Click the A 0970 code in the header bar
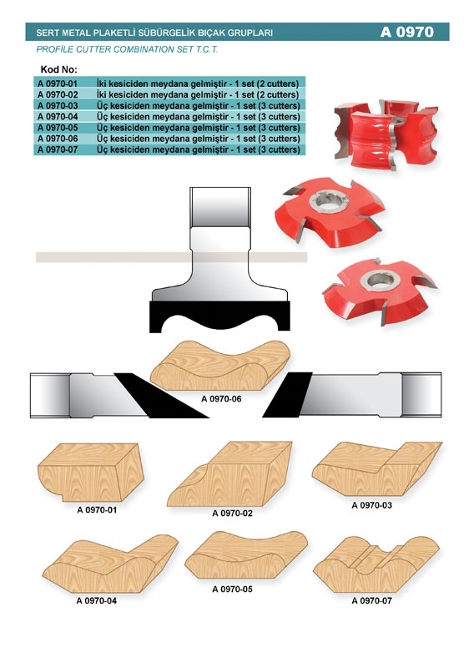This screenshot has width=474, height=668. (x=406, y=32)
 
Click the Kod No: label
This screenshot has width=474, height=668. (x=59, y=69)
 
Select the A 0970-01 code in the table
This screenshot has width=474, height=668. (x=58, y=83)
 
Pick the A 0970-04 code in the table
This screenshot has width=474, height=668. (x=58, y=117)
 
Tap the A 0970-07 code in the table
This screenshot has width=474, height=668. (x=58, y=150)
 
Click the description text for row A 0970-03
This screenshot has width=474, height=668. (x=199, y=106)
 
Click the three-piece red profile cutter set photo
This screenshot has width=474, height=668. (x=386, y=134)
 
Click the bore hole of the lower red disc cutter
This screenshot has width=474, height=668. (x=381, y=280)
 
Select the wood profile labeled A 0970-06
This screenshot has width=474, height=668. (x=220, y=365)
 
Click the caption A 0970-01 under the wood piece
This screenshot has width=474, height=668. (x=97, y=510)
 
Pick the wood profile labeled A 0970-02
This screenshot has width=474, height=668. (x=230, y=473)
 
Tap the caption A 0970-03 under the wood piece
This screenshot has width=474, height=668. (x=372, y=505)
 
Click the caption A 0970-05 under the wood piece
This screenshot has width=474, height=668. (x=232, y=590)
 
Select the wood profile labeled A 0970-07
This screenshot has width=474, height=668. (x=376, y=564)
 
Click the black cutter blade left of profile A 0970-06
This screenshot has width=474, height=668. (x=161, y=396)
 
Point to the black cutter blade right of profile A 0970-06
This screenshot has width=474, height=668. (x=287, y=394)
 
